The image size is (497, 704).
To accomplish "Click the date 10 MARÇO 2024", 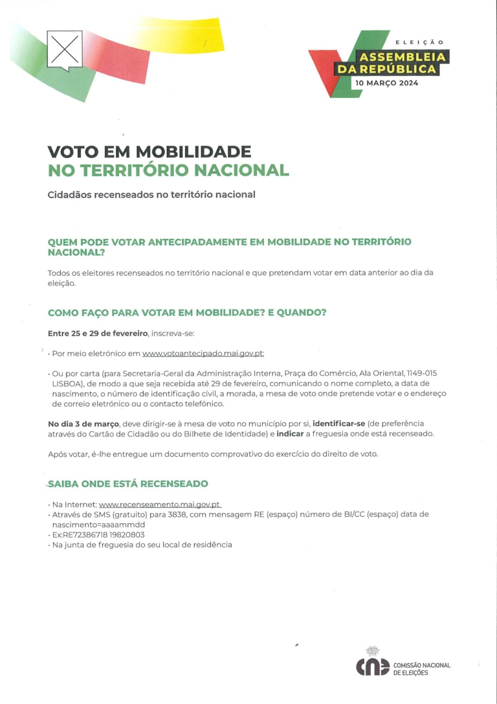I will pyautogui.click(x=386, y=83).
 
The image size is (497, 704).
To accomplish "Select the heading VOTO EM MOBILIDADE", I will pyautogui.click(x=149, y=152).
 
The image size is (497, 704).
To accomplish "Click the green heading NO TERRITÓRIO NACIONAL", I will pyautogui.click(x=168, y=170).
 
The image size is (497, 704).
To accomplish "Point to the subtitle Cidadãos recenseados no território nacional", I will pyautogui.click(x=151, y=194).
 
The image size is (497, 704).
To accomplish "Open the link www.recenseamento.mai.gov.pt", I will pyautogui.click(x=160, y=504).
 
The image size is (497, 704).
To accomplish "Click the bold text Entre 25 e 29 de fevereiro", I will pyautogui.click(x=98, y=334).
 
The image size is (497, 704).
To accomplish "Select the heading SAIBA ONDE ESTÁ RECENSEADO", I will pyautogui.click(x=128, y=484).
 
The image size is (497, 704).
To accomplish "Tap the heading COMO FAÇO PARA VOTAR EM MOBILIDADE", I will pyautogui.click(x=187, y=313).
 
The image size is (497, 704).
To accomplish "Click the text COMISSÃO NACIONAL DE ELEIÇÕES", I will pyautogui.click(x=421, y=669).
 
